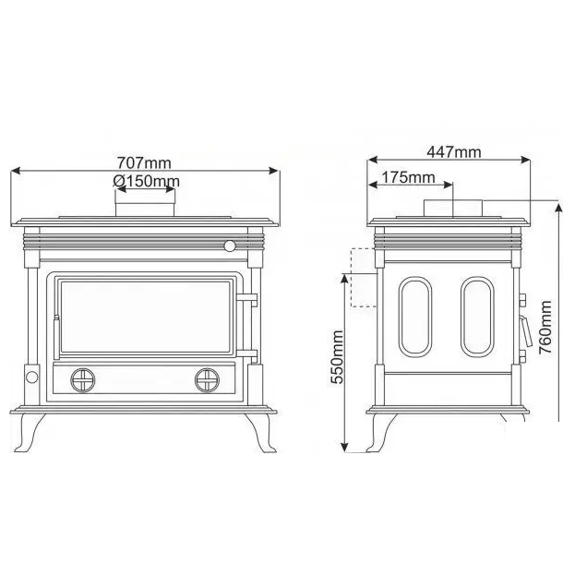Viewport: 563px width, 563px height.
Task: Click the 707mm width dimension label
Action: tap(144, 163)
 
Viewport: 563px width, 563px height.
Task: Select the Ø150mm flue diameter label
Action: tap(147, 181)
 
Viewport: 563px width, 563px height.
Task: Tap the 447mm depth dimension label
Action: tap(454, 152)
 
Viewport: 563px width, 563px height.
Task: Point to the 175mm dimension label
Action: tap(408, 177)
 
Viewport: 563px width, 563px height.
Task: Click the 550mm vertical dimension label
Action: tap(337, 357)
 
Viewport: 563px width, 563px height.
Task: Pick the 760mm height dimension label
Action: tap(545, 328)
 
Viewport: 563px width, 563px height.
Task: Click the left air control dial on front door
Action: tap(83, 380)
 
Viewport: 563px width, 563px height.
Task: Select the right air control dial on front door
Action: tap(207, 380)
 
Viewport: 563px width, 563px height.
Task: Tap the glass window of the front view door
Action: tap(146, 317)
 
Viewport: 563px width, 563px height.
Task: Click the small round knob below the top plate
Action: tap(230, 246)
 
